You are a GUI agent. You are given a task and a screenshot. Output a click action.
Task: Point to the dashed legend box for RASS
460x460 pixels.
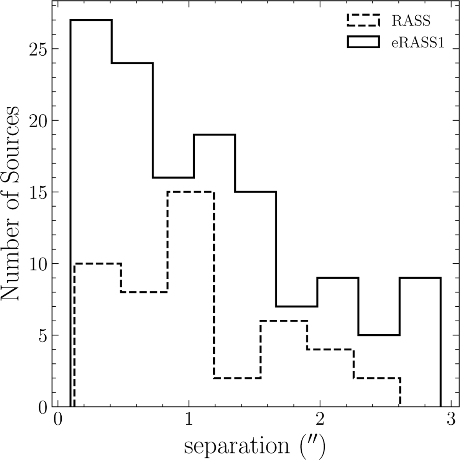[x=363, y=20]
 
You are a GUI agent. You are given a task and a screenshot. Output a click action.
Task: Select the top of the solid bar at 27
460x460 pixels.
[x=91, y=20]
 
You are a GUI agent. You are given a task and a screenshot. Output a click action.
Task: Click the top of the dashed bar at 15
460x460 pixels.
[x=191, y=192]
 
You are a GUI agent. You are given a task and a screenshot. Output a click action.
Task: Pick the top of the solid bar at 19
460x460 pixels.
[x=214, y=135]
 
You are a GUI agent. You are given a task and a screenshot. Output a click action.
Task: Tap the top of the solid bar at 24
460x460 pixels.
[x=132, y=63]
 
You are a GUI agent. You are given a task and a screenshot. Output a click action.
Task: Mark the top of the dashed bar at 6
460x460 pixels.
[x=284, y=321]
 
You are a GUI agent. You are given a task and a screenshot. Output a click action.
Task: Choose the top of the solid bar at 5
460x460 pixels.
[x=379, y=335]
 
